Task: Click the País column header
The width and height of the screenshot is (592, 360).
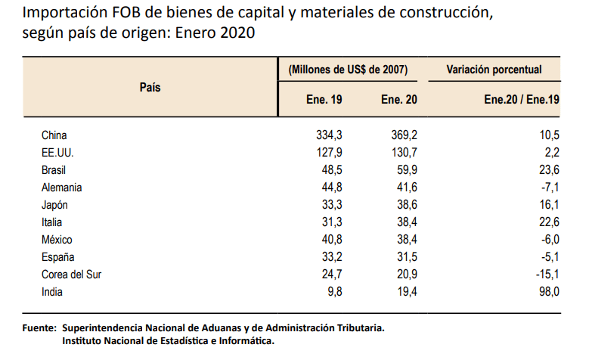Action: point(150,87)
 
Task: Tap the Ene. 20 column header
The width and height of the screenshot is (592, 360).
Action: point(398,99)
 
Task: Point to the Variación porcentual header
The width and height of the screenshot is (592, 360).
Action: point(494,70)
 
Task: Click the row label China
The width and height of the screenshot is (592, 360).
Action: point(54,135)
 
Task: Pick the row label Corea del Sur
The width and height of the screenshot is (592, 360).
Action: point(72,275)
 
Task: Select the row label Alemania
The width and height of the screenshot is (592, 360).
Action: point(62,188)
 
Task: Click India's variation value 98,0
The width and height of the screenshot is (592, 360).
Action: point(548,292)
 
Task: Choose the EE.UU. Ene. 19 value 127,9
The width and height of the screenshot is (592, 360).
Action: point(330,153)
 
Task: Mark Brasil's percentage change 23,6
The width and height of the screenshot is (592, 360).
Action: point(548,170)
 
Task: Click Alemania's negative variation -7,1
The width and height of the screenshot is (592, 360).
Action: point(549,188)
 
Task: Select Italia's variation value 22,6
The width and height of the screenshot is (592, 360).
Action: point(548,222)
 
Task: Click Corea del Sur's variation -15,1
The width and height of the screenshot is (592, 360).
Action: point(546,275)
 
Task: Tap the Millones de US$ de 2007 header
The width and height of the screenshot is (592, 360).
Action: point(349,70)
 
